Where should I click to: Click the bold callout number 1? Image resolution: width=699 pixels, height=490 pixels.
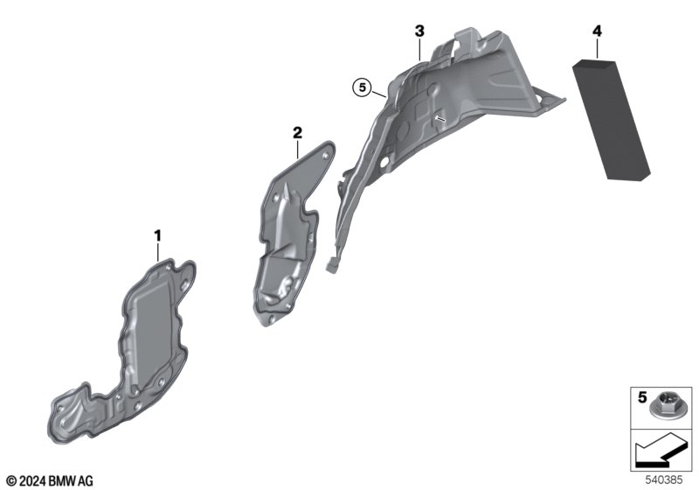tap(157, 235)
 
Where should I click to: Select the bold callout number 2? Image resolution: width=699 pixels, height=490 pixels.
tap(297, 132)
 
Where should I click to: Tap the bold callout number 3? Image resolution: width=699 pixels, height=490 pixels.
tap(419, 31)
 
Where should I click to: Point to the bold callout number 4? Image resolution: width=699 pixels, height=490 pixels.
tap(597, 31)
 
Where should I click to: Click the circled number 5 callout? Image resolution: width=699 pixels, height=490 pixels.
tap(362, 87)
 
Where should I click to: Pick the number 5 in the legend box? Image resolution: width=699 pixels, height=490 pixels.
tap(642, 396)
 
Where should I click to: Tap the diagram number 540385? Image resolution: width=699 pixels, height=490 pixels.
tap(664, 479)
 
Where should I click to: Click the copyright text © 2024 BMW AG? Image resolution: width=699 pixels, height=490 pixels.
tap(51, 481)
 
